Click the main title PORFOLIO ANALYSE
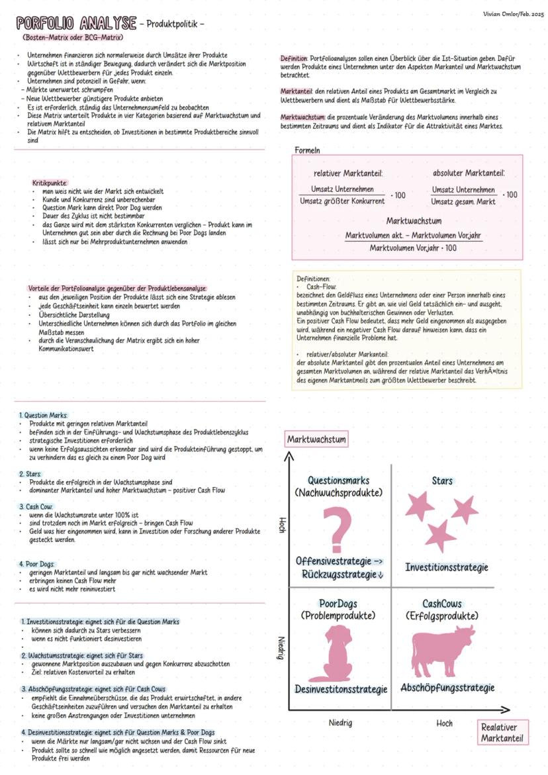[76, 24]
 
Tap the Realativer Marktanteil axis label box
[502, 733]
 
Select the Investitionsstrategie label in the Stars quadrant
[447, 567]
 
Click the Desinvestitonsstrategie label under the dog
[341, 689]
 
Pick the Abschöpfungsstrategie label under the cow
[447, 688]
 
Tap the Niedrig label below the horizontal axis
[340, 723]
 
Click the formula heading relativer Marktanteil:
[347, 173]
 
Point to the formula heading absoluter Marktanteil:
[469, 173]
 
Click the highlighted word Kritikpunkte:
[50, 183]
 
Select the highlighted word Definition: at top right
[294, 59]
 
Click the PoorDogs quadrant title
[338, 604]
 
